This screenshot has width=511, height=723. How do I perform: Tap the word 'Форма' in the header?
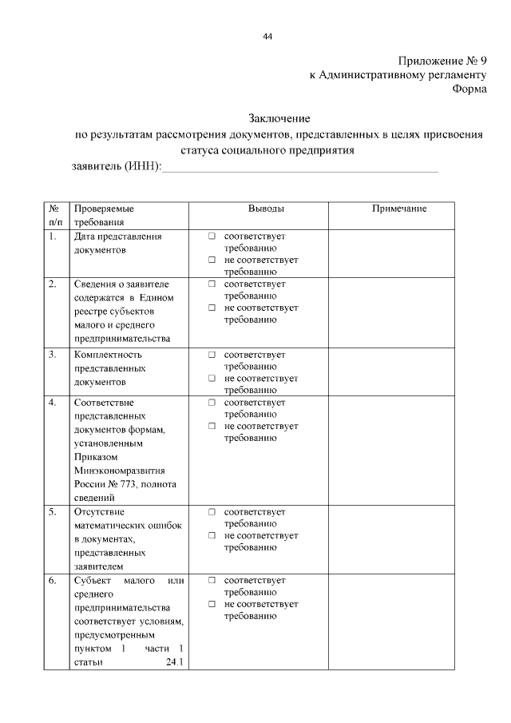(x=469, y=89)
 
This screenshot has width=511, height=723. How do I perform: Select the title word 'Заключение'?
(x=278, y=118)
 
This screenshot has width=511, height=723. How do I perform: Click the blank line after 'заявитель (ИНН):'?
(x=300, y=166)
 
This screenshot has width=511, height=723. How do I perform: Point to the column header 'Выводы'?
(x=265, y=209)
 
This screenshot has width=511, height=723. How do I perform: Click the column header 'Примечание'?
(x=399, y=209)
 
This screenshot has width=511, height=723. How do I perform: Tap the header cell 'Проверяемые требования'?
(x=104, y=215)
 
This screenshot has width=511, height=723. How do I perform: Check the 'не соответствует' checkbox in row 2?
(x=212, y=308)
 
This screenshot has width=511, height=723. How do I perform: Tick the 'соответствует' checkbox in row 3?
(x=212, y=355)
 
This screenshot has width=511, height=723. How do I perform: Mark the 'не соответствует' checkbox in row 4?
(x=212, y=427)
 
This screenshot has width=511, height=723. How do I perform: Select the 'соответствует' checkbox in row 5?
(x=212, y=512)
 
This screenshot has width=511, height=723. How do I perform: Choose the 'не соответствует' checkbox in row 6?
(x=212, y=605)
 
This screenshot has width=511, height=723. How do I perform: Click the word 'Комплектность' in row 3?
(x=107, y=355)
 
